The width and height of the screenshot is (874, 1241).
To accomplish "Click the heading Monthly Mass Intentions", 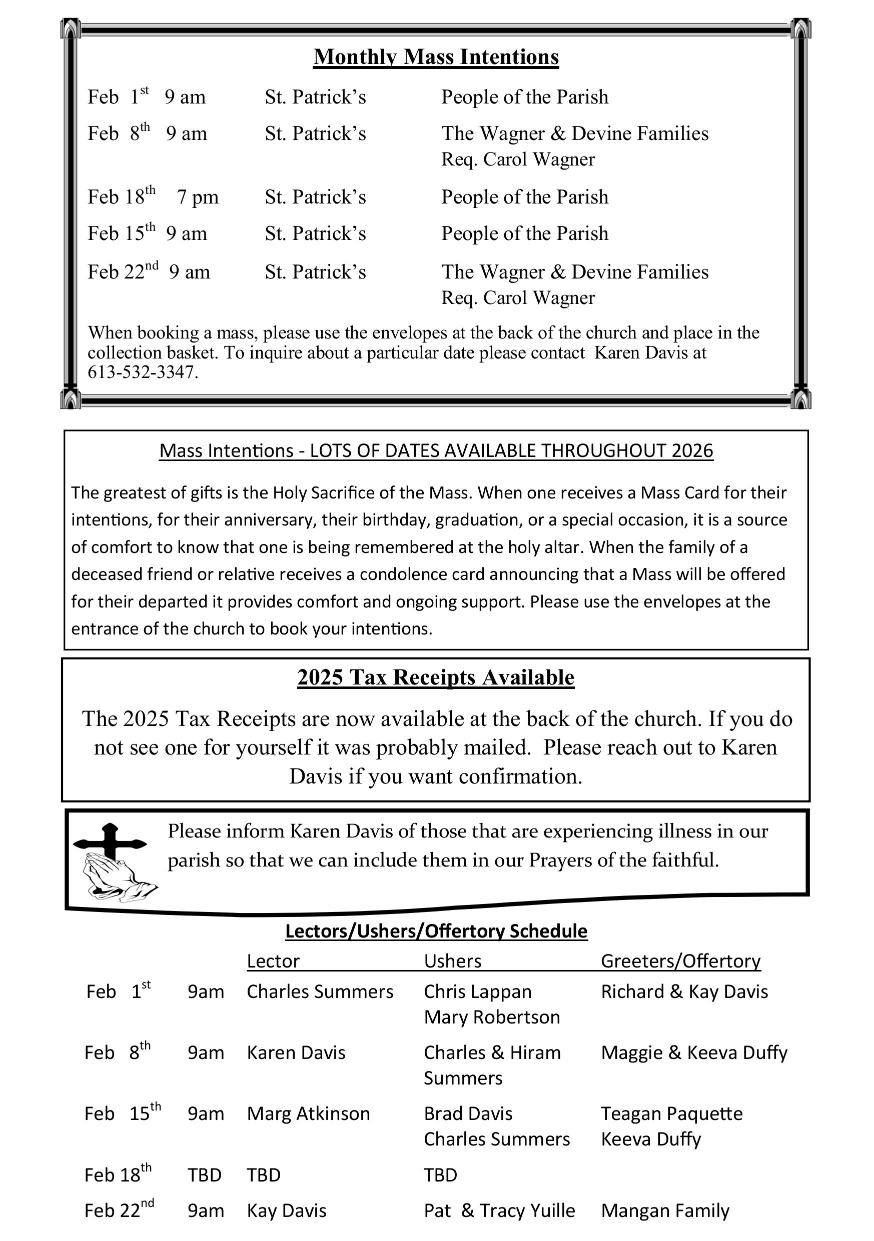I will coord(436,57).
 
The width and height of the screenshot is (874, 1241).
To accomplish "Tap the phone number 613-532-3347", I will coord(143,372).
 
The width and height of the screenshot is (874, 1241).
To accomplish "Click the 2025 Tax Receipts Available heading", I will coord(436,677).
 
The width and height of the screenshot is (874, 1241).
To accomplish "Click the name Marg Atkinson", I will coord(308,1113).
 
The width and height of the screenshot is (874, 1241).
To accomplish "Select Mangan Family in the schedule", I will coord(665,1210).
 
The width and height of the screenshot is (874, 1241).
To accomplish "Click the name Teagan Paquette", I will coord(672,1113).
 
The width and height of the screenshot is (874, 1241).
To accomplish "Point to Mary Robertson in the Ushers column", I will coord(492,1016).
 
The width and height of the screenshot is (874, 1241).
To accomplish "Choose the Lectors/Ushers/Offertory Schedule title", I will coord(436,931).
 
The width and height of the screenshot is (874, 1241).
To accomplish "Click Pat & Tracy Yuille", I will coord(499,1210).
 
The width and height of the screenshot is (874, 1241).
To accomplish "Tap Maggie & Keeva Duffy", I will coord(694,1052).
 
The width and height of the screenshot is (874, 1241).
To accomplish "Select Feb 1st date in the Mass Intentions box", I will coord(118,97).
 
